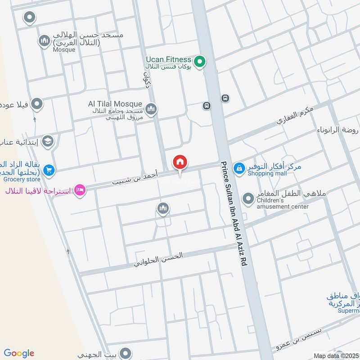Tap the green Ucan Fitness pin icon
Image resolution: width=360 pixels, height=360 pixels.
pyautogui.click(x=199, y=60)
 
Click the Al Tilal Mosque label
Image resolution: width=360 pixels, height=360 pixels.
pyautogui.click(x=115, y=104)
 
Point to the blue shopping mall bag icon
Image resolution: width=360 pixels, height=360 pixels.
pyautogui.click(x=240, y=167)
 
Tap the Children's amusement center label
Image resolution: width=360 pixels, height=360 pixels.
pyautogui.click(x=283, y=203)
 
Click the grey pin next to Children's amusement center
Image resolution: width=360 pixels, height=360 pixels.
pyautogui.click(x=248, y=198)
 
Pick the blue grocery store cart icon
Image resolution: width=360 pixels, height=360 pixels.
pyautogui.click(x=49, y=170)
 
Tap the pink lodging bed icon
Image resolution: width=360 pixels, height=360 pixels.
pyautogui.click(x=80, y=190)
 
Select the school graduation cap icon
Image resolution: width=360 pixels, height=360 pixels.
pyautogui.click(x=47, y=142)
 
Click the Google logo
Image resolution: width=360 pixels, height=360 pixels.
pyautogui.click(x=19, y=353)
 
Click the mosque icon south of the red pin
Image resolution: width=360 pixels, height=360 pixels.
pyautogui.click(x=162, y=208)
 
